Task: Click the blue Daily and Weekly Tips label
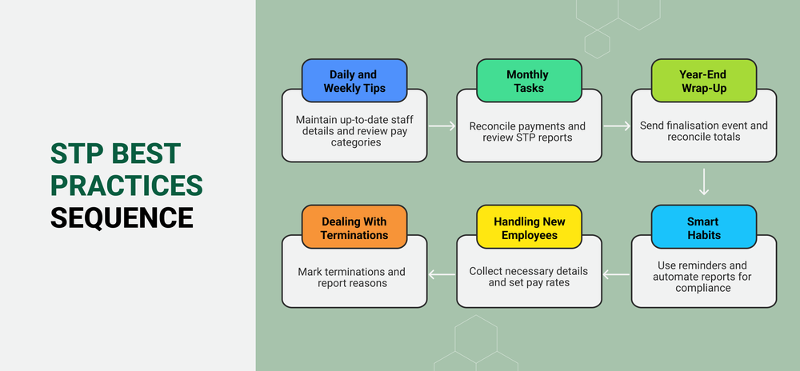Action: [x=354, y=82]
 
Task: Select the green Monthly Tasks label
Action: [x=527, y=82]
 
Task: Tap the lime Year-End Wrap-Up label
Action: [x=702, y=82]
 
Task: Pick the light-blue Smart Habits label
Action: [x=702, y=228]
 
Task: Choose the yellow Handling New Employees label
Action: [x=527, y=228]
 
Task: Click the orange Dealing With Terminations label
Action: [x=354, y=228]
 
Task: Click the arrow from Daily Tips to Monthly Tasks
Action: [x=442, y=126]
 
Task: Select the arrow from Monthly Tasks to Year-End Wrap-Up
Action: [x=617, y=126]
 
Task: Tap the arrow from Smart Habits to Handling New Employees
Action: [x=617, y=274]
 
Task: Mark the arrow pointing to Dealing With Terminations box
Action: [x=442, y=274]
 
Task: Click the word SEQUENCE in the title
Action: [x=122, y=217]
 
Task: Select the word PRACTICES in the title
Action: [x=126, y=185]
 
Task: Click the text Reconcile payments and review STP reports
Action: [x=527, y=132]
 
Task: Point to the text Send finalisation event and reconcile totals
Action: [x=703, y=131]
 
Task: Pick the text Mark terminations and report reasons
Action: [x=354, y=277]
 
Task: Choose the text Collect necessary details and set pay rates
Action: [x=527, y=277]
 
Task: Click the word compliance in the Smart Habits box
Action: [x=703, y=288]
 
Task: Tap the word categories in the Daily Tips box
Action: [x=354, y=143]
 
